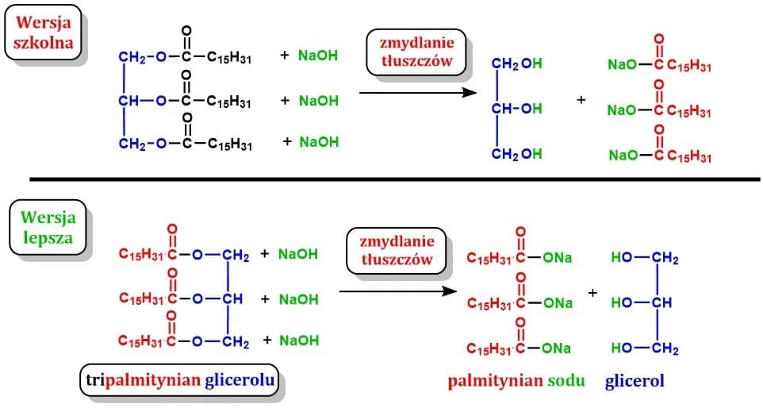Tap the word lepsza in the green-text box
click(x=45, y=237)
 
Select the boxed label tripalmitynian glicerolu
click(x=182, y=382)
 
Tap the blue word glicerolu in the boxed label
click(x=240, y=382)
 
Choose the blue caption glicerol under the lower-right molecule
click(x=635, y=381)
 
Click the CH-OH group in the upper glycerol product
click(x=516, y=108)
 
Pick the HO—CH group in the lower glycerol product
click(x=643, y=302)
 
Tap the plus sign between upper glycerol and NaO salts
click(x=581, y=101)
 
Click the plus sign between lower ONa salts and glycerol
click(x=592, y=293)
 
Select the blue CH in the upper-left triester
click(x=128, y=101)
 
